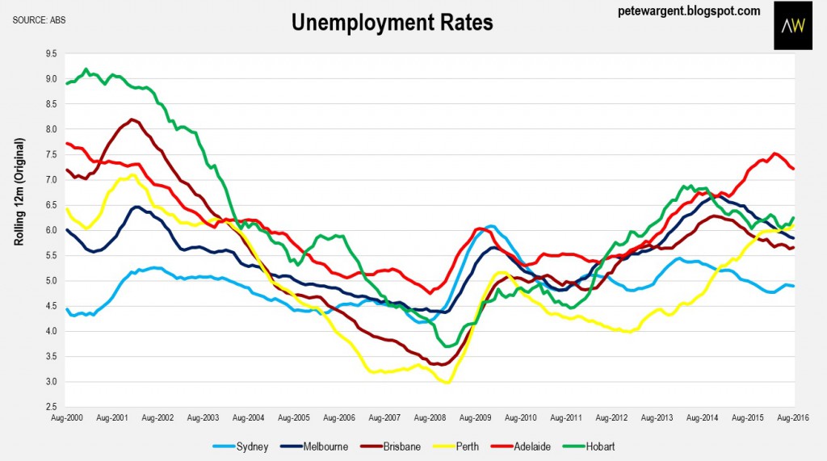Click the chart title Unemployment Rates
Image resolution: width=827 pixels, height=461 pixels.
[392, 23]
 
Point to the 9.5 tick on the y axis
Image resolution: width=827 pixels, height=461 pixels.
[51, 53]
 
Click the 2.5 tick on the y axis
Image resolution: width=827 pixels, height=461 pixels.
[51, 407]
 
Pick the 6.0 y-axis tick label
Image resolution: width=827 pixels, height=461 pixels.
[51, 230]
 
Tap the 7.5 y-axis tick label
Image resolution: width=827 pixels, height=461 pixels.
[51, 154]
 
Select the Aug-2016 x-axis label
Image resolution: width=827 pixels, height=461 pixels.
[795, 419]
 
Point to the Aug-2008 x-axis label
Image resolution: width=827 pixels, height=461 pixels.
[430, 419]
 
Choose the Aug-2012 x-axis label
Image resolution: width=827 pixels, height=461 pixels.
[612, 419]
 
